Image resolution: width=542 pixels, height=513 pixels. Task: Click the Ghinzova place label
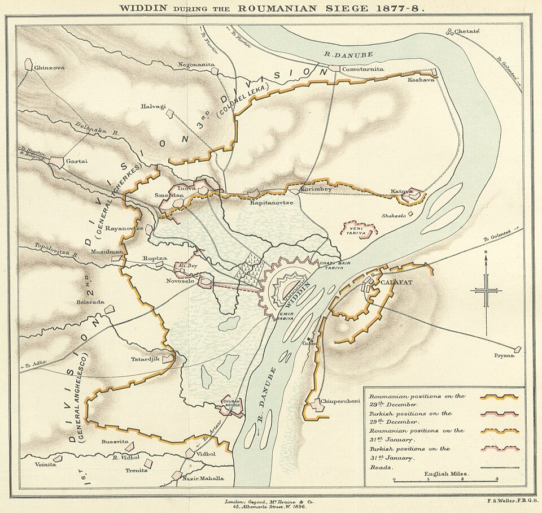(x=49, y=67)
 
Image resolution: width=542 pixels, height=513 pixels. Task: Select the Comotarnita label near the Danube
(x=363, y=69)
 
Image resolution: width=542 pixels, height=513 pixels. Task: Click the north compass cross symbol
(x=486, y=291)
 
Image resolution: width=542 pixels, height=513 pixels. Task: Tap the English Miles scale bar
(x=445, y=479)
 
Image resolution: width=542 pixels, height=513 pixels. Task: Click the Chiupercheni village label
(x=340, y=401)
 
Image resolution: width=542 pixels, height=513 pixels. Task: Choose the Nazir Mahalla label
(x=203, y=478)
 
